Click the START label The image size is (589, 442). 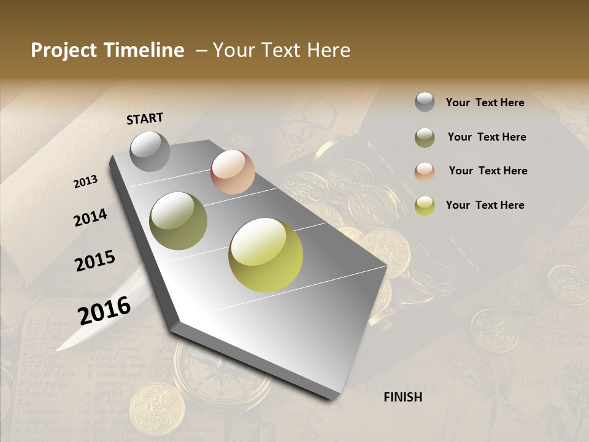click(145, 118)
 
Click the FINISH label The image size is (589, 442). click(402, 397)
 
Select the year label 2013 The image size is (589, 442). click(85, 182)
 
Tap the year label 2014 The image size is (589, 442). click(90, 217)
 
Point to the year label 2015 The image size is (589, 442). click(94, 261)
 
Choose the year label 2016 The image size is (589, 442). click(104, 310)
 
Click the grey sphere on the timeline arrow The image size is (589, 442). click(150, 151)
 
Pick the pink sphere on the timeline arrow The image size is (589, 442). click(233, 172)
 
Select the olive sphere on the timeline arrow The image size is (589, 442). click(179, 221)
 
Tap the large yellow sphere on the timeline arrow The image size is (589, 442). click(266, 255)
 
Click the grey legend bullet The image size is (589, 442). click(425, 103)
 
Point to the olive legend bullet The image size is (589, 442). click(425, 138)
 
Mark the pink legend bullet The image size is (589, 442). click(425, 172)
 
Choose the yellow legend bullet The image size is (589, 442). click(425, 206)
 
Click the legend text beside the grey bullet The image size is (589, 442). click(485, 103)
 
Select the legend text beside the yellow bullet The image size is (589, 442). click(485, 205)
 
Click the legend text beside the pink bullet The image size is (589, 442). click(488, 171)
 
